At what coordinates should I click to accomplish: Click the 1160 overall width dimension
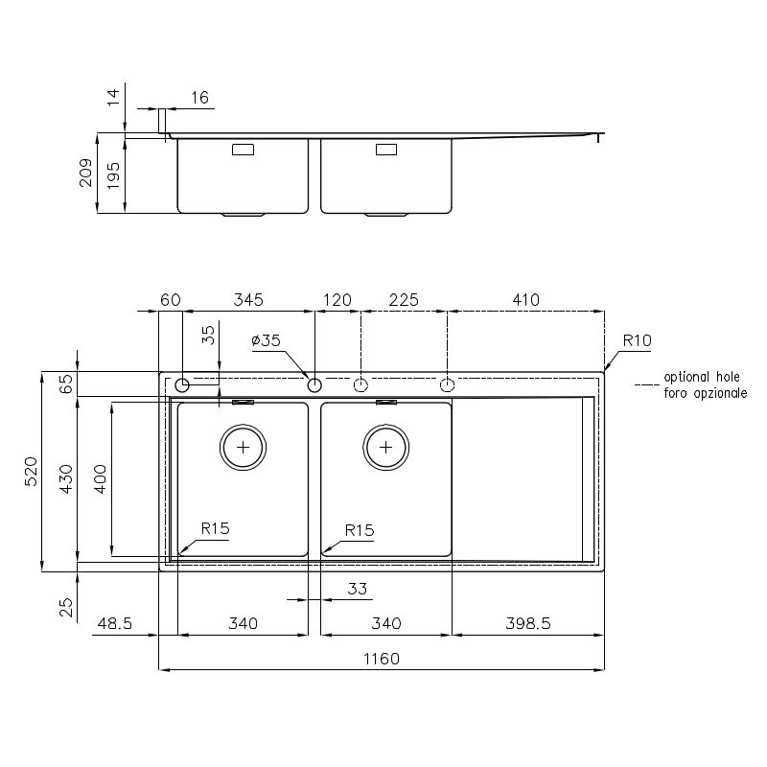[381, 659]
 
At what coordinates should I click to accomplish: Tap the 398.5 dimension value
[528, 623]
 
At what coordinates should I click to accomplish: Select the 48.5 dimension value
[114, 623]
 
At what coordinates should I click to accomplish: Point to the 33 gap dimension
[357, 589]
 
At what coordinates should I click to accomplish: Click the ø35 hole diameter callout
[267, 340]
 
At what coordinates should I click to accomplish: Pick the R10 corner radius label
[637, 340]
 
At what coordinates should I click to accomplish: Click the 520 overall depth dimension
[31, 471]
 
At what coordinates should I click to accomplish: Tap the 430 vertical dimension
[65, 478]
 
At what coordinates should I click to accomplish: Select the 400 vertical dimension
[100, 478]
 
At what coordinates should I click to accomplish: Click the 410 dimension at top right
[525, 299]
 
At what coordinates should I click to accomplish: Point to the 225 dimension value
[404, 299]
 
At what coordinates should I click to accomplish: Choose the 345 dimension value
[248, 299]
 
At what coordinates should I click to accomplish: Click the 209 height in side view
[85, 173]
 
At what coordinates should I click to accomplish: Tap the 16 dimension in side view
[199, 98]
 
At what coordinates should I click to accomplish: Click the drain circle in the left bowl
[243, 447]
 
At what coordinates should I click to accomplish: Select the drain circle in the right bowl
[386, 447]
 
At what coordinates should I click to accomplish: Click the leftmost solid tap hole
[182, 385]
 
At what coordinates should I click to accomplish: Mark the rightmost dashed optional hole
[447, 385]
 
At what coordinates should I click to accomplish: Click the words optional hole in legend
[702, 377]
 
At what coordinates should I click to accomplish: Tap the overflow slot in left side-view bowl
[243, 150]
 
